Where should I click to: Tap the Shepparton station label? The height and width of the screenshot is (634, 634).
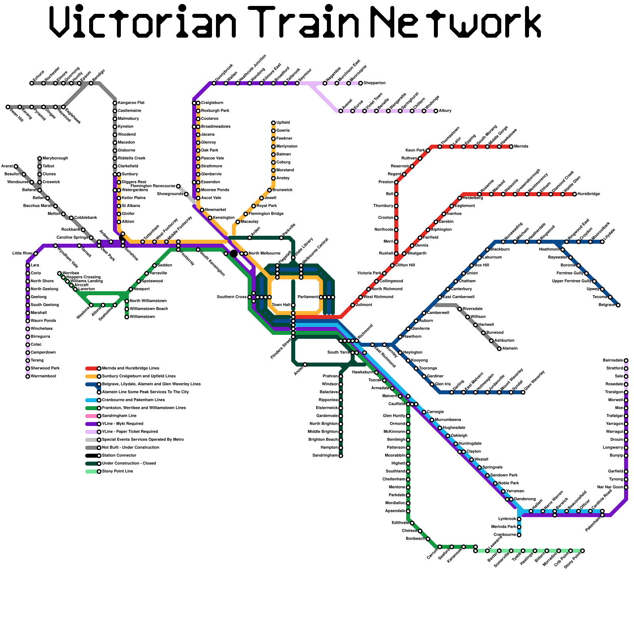pyautogui.click(x=374, y=83)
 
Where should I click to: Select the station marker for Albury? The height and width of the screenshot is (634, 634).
pyautogui.click(x=436, y=111)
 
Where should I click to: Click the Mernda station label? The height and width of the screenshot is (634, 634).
pyautogui.click(x=521, y=147)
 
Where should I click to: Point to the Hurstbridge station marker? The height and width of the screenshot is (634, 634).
pyautogui.click(x=575, y=194)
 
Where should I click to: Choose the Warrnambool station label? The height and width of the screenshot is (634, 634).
pyautogui.click(x=43, y=376)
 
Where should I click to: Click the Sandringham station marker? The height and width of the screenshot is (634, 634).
pyautogui.click(x=341, y=456)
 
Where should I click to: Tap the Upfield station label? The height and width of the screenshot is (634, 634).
pyautogui.click(x=283, y=123)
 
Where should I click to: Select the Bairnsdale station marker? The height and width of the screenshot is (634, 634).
pyautogui.click(x=626, y=361)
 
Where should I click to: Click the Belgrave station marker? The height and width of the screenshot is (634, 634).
pyautogui.click(x=618, y=305)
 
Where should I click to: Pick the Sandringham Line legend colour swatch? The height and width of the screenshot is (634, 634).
pyautogui.click(x=92, y=416)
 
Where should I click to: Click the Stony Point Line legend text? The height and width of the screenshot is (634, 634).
pyautogui.click(x=118, y=472)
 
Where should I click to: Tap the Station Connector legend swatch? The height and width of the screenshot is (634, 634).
pyautogui.click(x=92, y=456)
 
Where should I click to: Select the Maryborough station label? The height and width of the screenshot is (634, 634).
pyautogui.click(x=55, y=158)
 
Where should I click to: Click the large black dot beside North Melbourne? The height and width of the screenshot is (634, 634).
pyautogui.click(x=234, y=254)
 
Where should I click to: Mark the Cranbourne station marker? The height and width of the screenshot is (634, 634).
pyautogui.click(x=519, y=535)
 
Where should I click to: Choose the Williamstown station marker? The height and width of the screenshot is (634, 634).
pyautogui.click(x=127, y=317)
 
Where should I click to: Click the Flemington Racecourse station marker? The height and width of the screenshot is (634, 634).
pyautogui.click(x=178, y=186)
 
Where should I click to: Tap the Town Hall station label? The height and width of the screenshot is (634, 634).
pyautogui.click(x=281, y=305)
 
